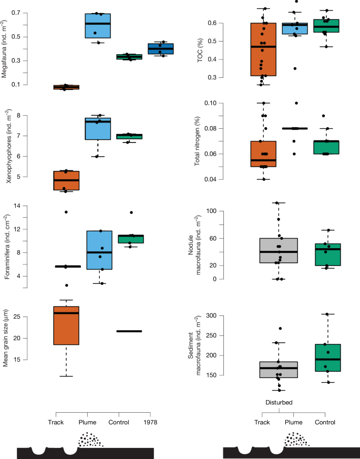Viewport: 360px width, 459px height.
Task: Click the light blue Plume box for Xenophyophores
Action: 98,129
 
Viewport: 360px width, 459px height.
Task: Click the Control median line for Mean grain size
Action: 129,331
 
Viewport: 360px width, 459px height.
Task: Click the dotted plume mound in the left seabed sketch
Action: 91,440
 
